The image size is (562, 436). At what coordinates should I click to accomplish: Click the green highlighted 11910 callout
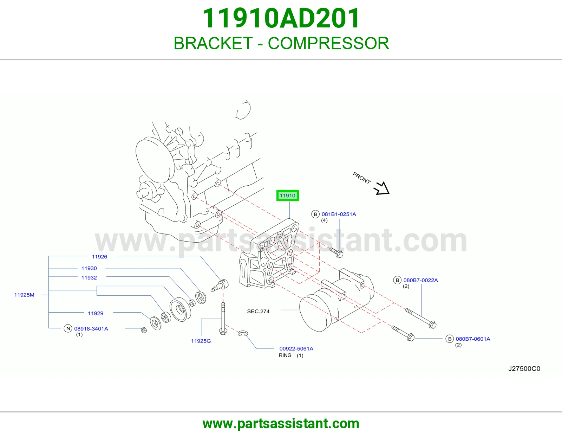pyautogui.click(x=287, y=195)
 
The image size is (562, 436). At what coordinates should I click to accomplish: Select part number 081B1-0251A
pyautogui.click(x=339, y=214)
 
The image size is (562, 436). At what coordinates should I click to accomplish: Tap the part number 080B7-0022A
pyautogui.click(x=420, y=280)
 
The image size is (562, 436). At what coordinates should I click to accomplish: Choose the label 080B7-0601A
pyautogui.click(x=473, y=339)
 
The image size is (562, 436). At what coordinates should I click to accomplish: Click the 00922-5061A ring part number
pyautogui.click(x=296, y=348)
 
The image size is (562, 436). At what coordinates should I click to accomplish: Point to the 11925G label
pyautogui.click(x=201, y=341)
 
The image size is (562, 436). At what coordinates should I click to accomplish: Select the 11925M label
pyautogui.click(x=24, y=295)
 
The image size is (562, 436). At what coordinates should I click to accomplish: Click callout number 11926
pyautogui.click(x=99, y=257)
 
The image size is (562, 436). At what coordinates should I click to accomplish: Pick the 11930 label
pyautogui.click(x=89, y=268)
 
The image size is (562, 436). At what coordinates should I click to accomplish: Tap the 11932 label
pyautogui.click(x=89, y=277)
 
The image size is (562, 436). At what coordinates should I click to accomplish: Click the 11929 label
pyautogui.click(x=96, y=313)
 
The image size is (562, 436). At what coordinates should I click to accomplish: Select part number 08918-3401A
pyautogui.click(x=91, y=328)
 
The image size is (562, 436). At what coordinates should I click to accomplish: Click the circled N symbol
pyautogui.click(x=68, y=328)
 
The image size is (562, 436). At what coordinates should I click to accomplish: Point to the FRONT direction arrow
pyautogui.click(x=382, y=188)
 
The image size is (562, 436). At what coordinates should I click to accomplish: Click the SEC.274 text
pyautogui.click(x=258, y=311)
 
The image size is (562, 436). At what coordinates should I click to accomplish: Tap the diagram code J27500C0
pyautogui.click(x=524, y=368)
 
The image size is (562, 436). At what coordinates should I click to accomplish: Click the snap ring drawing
pyautogui.click(x=243, y=333)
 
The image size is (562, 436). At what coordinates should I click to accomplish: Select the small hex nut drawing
pyautogui.click(x=144, y=330)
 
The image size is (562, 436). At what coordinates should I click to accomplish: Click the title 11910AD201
pyautogui.click(x=281, y=18)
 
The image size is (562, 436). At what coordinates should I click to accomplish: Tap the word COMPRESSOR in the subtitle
pyautogui.click(x=328, y=43)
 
